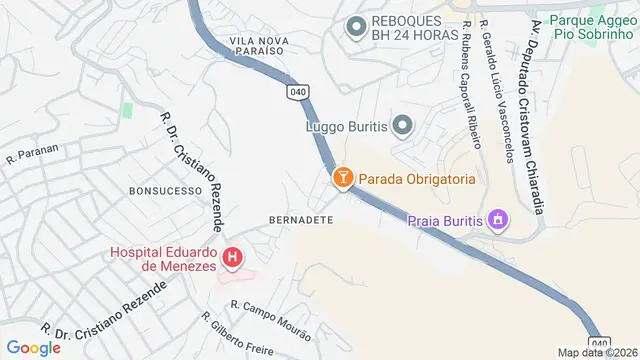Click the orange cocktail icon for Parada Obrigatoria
[x=343, y=178]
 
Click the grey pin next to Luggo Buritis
[x=402, y=125]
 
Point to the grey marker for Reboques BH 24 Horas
[x=356, y=27]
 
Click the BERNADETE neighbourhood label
[x=300, y=219]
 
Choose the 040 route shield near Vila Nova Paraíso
[x=298, y=91]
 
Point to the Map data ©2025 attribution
[x=597, y=352]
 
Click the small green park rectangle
[x=127, y=109]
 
